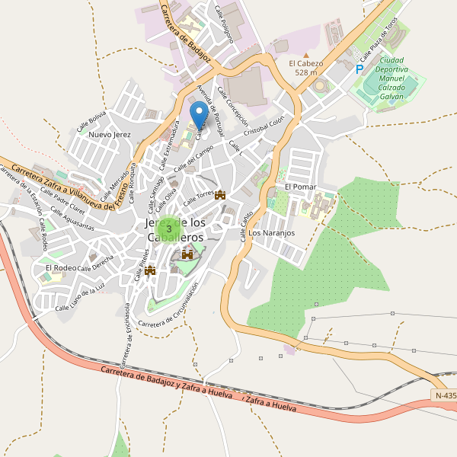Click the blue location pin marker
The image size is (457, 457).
[200, 116]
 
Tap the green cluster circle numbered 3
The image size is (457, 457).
[169, 228]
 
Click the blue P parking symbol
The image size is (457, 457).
[359, 69]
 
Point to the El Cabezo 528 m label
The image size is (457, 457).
[306, 68]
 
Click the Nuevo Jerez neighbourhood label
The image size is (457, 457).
[110, 135]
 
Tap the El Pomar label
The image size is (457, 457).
[300, 187]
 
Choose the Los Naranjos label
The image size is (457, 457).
[271, 233]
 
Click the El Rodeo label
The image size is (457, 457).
[60, 268]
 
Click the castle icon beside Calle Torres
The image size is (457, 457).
[221, 195]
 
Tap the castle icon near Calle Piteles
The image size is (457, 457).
[150, 270]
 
